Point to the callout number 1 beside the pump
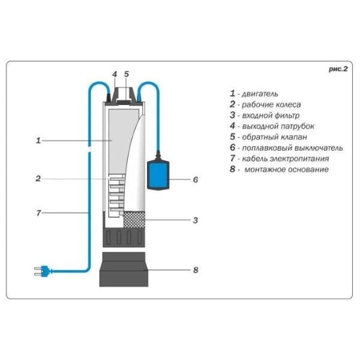38,140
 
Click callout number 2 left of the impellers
38,178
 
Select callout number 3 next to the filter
195,220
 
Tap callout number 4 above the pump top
114,74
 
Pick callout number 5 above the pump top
127,74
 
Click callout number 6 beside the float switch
195,179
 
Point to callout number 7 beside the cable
38,212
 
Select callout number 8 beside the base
195,270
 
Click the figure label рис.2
338,69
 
